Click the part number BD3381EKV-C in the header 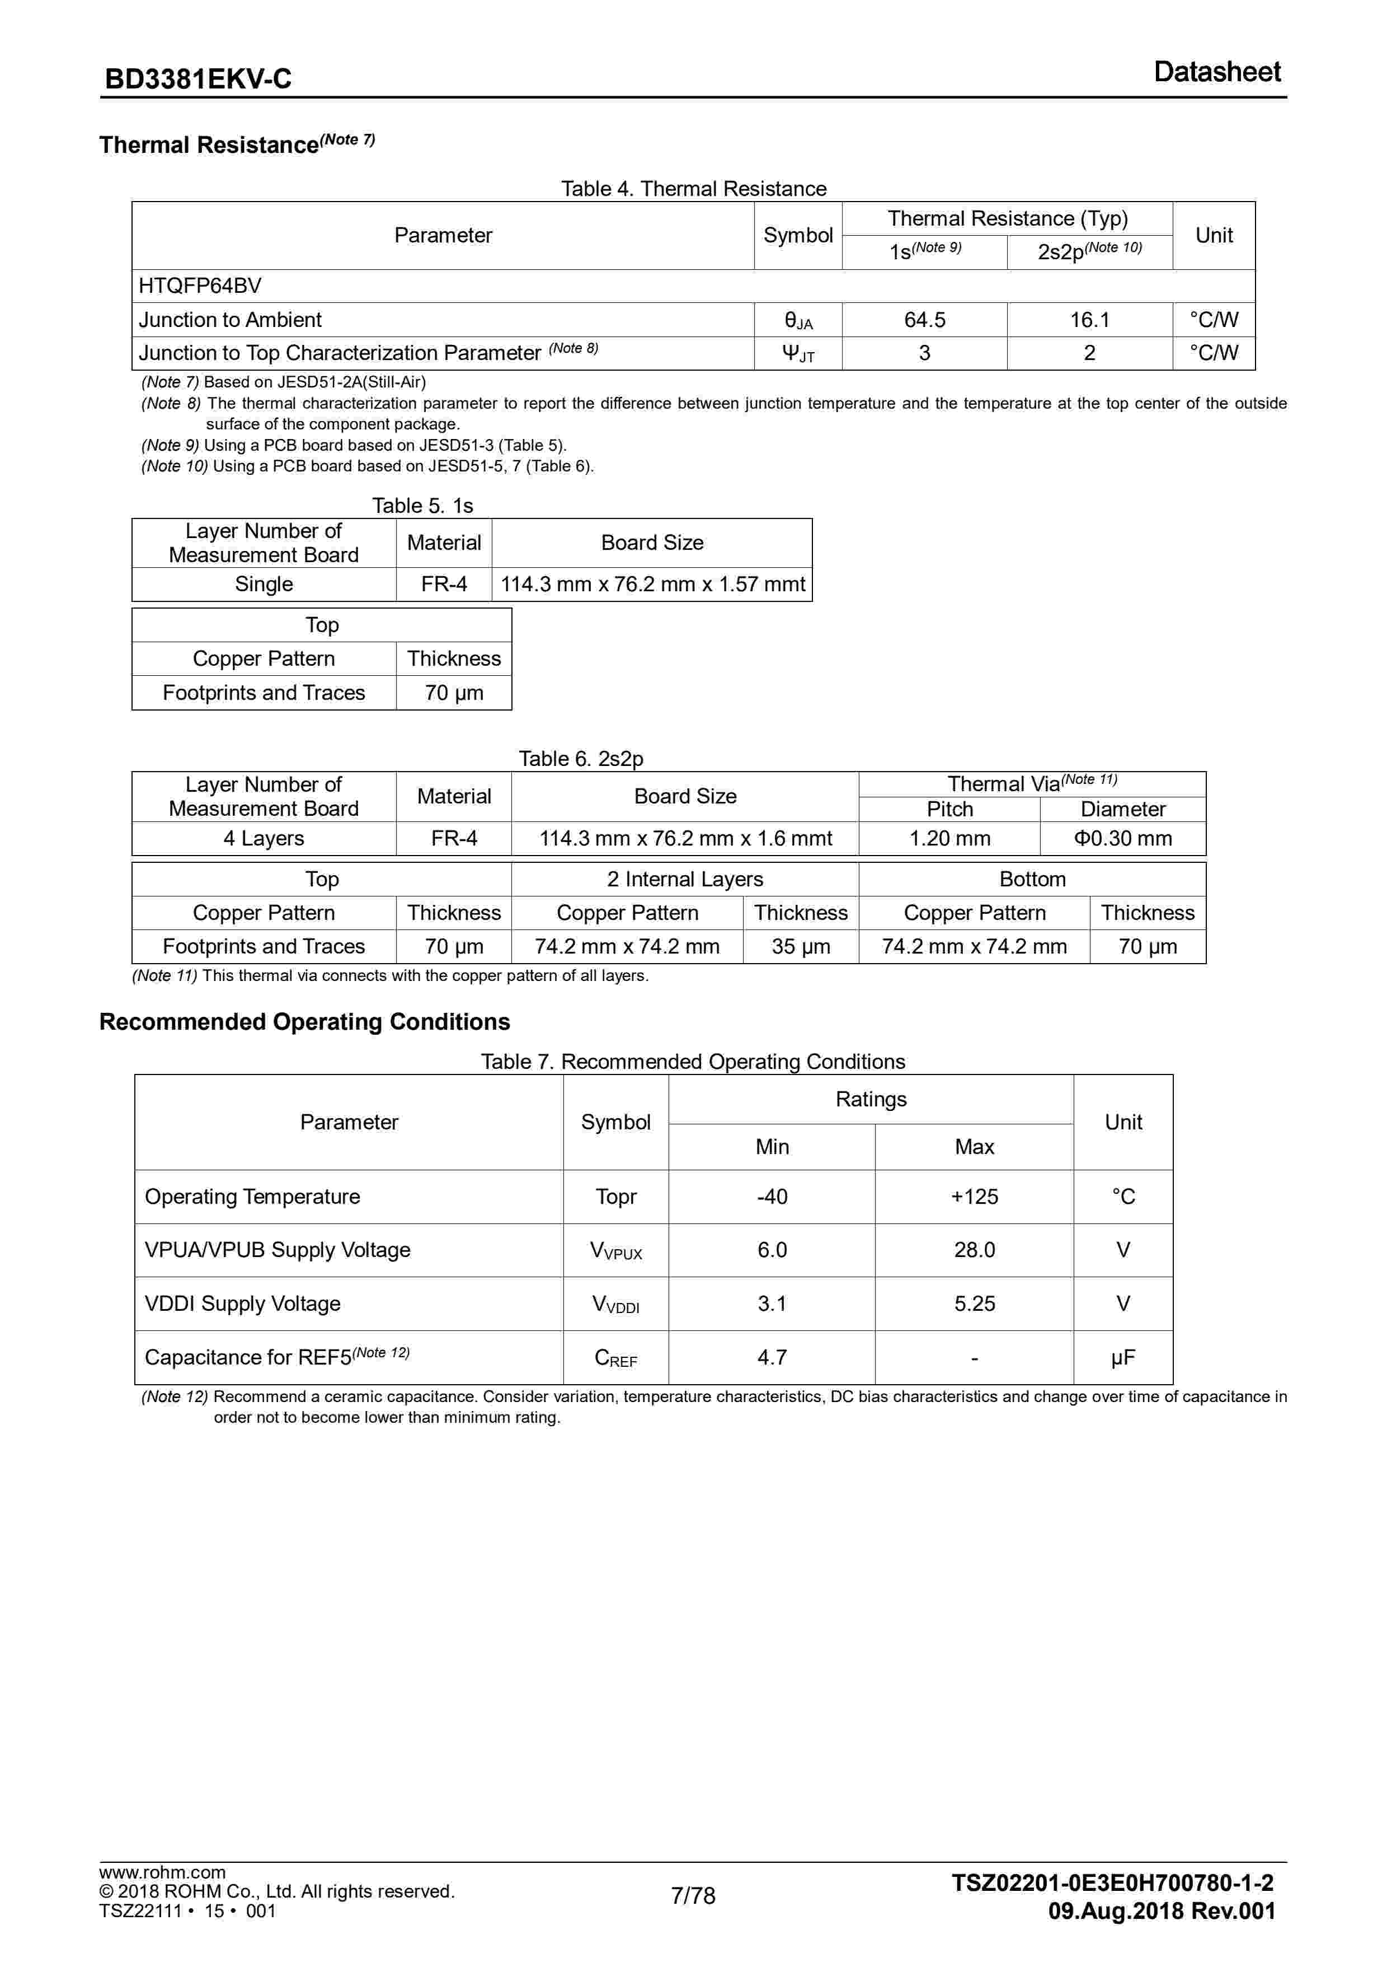pos(198,78)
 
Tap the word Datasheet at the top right pos(1216,72)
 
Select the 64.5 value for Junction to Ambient pos(924,320)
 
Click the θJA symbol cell pos(798,320)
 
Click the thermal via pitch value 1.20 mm pos(949,838)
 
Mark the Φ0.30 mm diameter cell pos(1122,838)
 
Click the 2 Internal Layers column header pos(684,879)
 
